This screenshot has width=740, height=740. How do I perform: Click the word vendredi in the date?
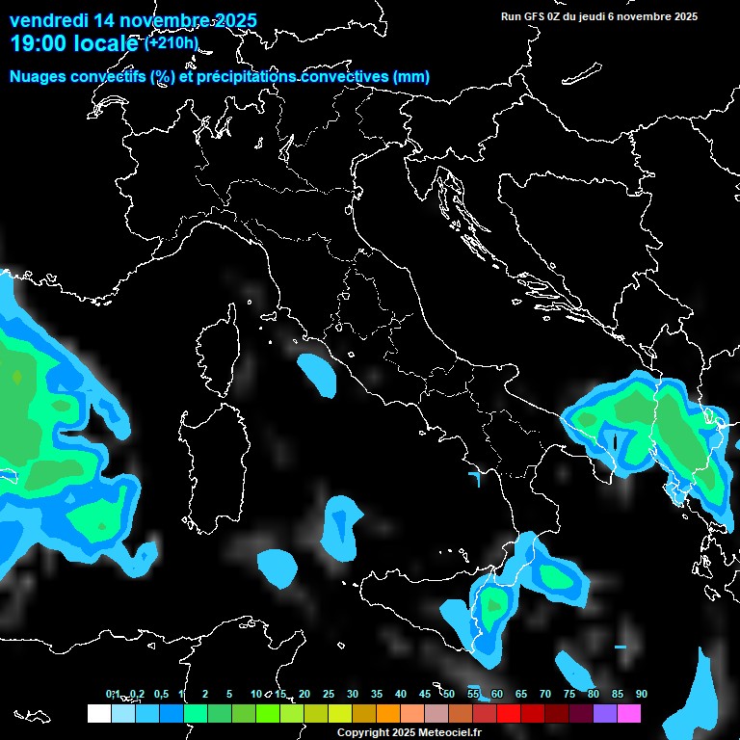point(48,20)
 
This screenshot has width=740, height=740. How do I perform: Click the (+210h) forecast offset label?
point(172,43)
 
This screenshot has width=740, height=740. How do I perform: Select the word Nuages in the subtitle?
point(37,77)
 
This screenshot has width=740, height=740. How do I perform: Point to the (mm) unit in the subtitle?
point(413,77)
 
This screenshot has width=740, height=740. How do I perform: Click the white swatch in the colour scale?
point(98,713)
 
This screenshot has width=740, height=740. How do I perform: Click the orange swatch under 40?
point(388,713)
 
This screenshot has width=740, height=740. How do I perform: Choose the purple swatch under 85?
point(605,713)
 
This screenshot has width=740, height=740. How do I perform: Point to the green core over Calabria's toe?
point(495,607)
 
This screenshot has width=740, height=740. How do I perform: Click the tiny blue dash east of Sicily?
point(620,646)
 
